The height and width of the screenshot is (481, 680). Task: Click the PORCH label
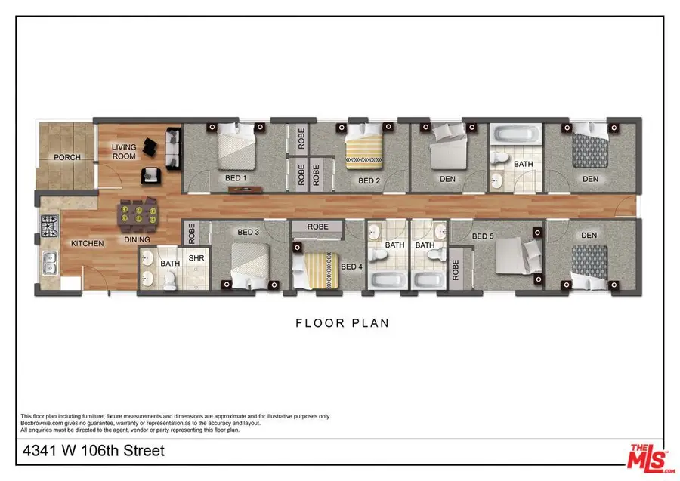[x=67, y=157]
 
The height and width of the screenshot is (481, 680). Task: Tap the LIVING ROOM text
[x=124, y=152]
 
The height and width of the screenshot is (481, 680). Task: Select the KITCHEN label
[x=87, y=244]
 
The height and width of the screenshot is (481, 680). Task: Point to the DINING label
[x=138, y=240]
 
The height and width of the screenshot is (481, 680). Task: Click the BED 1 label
[x=236, y=178]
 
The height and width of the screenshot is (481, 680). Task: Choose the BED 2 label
[x=368, y=180]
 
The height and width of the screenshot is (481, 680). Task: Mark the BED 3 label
[x=249, y=233]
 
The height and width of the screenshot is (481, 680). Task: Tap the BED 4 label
[x=351, y=267]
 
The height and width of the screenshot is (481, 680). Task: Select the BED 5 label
[x=483, y=236]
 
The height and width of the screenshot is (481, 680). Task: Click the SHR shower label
[x=196, y=257]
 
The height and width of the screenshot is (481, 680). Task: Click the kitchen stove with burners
[x=50, y=224]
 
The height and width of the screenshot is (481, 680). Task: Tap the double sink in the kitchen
[x=49, y=263]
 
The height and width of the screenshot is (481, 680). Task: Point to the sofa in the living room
[x=172, y=148]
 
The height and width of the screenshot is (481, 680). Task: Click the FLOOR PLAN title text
[x=342, y=323]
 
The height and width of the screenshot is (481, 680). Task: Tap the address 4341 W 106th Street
[x=93, y=452]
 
